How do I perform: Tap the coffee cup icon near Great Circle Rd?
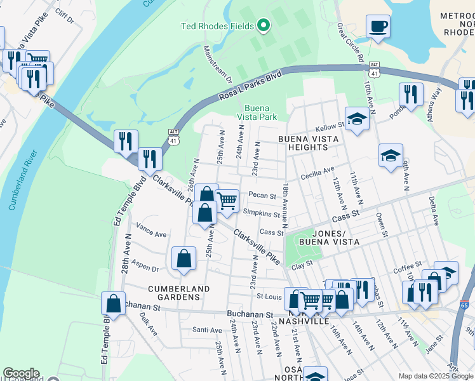(x=378, y=27)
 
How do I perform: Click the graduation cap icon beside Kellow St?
(x=357, y=119)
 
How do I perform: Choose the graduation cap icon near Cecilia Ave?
(x=390, y=155)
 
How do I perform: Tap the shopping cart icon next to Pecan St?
(x=227, y=201)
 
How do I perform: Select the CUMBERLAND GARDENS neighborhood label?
(x=178, y=289)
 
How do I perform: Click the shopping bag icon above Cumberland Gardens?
(x=184, y=258)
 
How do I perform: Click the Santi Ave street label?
(x=207, y=330)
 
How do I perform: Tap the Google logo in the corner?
(x=21, y=373)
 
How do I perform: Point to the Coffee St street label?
(x=407, y=268)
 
